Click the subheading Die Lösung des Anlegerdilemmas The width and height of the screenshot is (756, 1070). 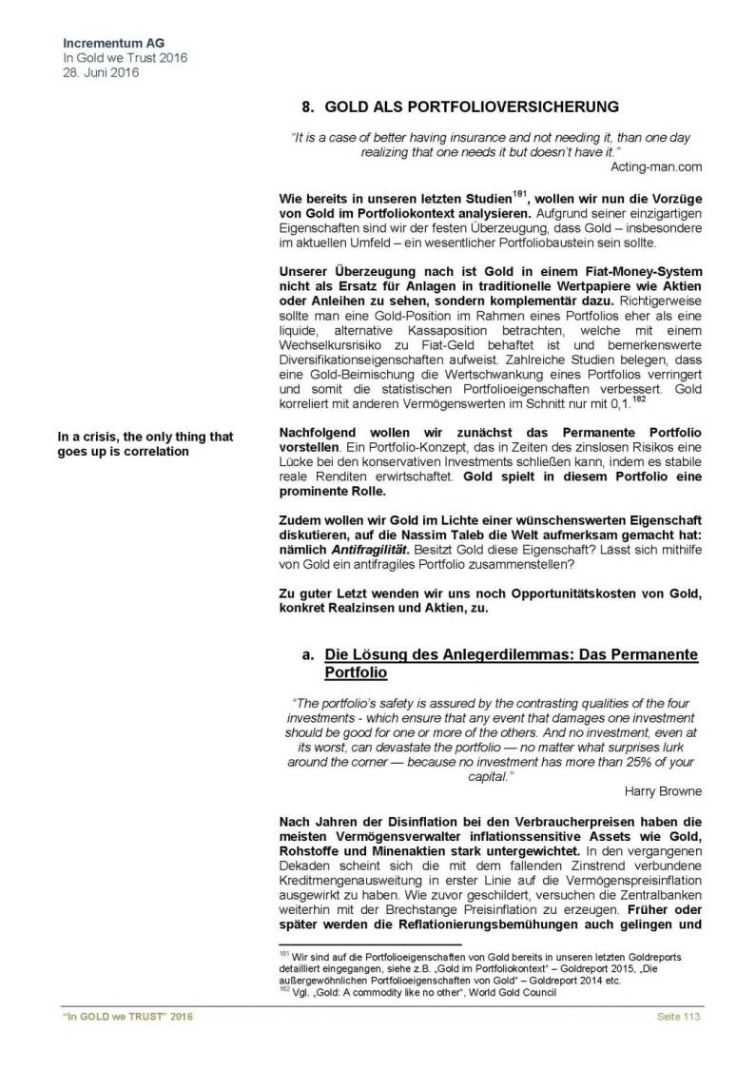point(512,655)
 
